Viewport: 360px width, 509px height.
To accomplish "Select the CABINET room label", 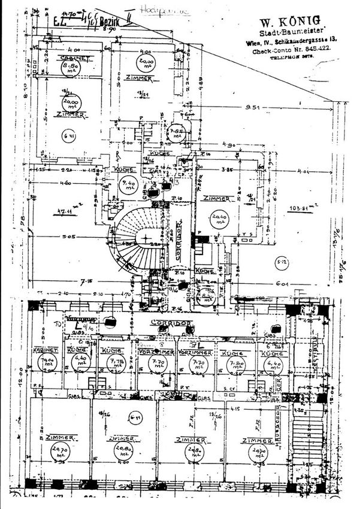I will pos(71,57).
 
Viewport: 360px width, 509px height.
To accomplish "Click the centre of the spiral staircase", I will pos(146,238).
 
